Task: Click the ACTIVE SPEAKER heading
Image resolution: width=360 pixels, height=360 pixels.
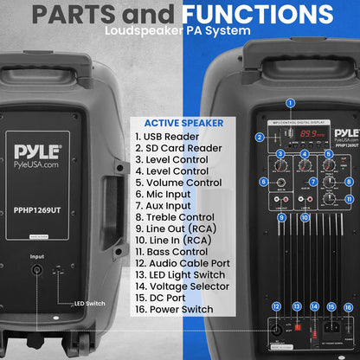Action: [x=177, y=123]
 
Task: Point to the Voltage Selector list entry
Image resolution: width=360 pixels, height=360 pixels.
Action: [x=181, y=286]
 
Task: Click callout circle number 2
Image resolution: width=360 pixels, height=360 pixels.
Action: [x=260, y=137]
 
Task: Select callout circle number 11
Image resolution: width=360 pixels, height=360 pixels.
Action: [x=349, y=198]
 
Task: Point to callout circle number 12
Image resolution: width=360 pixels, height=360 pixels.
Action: [x=276, y=306]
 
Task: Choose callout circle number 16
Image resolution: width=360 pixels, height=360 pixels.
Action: [x=348, y=306]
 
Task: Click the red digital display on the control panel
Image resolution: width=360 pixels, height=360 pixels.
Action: [x=303, y=134]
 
